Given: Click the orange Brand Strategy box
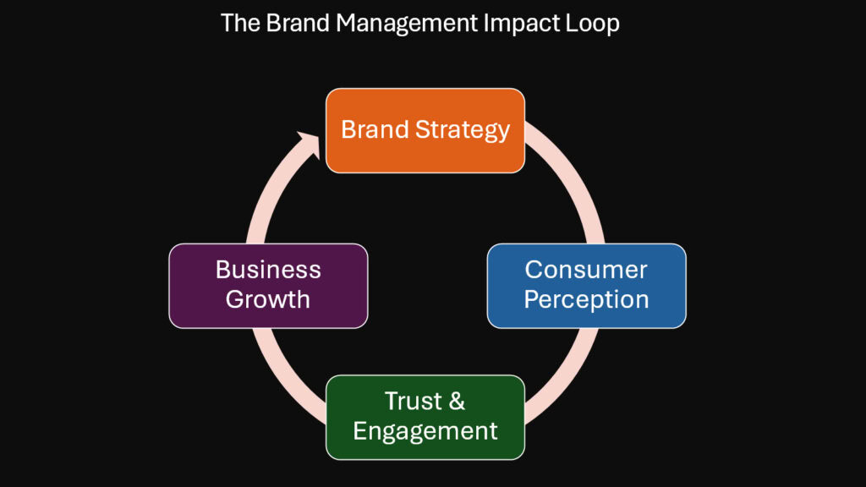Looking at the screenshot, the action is (x=425, y=131).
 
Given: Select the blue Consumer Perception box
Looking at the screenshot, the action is (x=587, y=286).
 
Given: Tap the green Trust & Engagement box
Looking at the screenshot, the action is (x=425, y=418).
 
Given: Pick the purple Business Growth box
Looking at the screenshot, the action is (x=268, y=286).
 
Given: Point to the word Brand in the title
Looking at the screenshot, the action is (x=298, y=23).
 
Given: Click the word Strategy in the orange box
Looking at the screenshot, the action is (x=463, y=130).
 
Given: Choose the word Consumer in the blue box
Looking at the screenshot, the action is (x=586, y=270).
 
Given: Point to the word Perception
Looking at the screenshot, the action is (x=587, y=300).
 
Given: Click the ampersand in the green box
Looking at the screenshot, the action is (x=457, y=402).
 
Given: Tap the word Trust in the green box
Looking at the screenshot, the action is (x=414, y=402).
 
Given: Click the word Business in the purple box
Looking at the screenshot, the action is (x=268, y=270).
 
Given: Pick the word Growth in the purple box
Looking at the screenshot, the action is (x=268, y=299).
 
